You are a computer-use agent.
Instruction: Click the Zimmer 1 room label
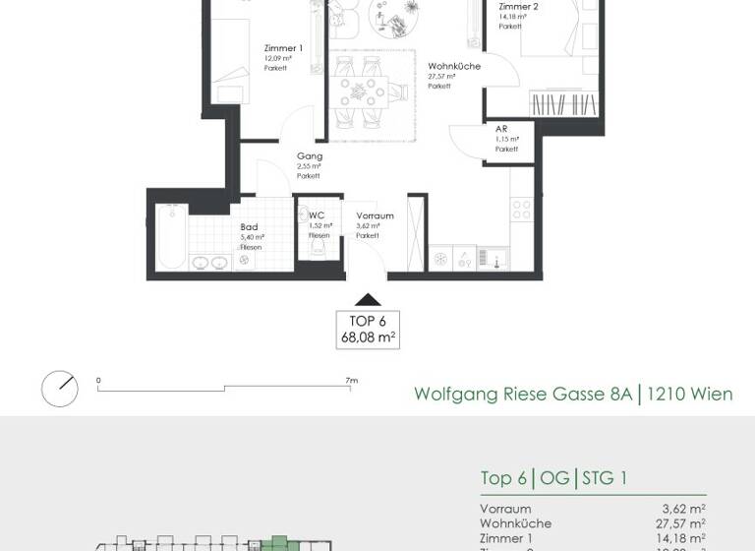point(283,48)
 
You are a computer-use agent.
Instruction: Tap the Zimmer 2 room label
point(517,6)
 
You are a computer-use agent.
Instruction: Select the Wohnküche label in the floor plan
point(453,66)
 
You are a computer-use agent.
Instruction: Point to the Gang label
point(310,156)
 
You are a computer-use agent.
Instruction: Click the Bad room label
point(249,226)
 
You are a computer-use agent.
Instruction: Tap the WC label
point(316,215)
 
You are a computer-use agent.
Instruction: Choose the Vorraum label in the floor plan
point(375,216)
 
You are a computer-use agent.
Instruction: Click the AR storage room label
point(501,129)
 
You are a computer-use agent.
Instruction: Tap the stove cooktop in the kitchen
point(520,210)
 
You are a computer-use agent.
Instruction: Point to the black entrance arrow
point(367,301)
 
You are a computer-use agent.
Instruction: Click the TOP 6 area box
point(368,329)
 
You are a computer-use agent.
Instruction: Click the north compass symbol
point(59,389)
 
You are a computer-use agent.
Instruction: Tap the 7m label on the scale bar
point(351,380)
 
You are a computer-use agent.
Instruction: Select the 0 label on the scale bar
point(98,380)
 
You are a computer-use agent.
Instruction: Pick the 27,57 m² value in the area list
point(682,523)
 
